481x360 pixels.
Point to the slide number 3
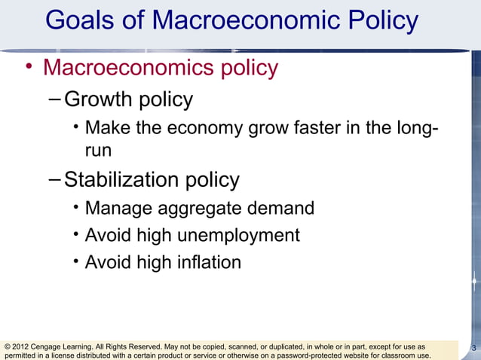473,348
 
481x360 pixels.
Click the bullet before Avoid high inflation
77,262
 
